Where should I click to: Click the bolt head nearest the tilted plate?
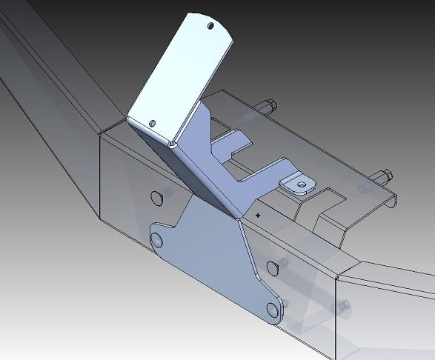pos(268,105)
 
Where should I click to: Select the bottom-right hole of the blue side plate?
pos(272,310)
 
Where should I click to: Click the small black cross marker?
pos(258,214)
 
